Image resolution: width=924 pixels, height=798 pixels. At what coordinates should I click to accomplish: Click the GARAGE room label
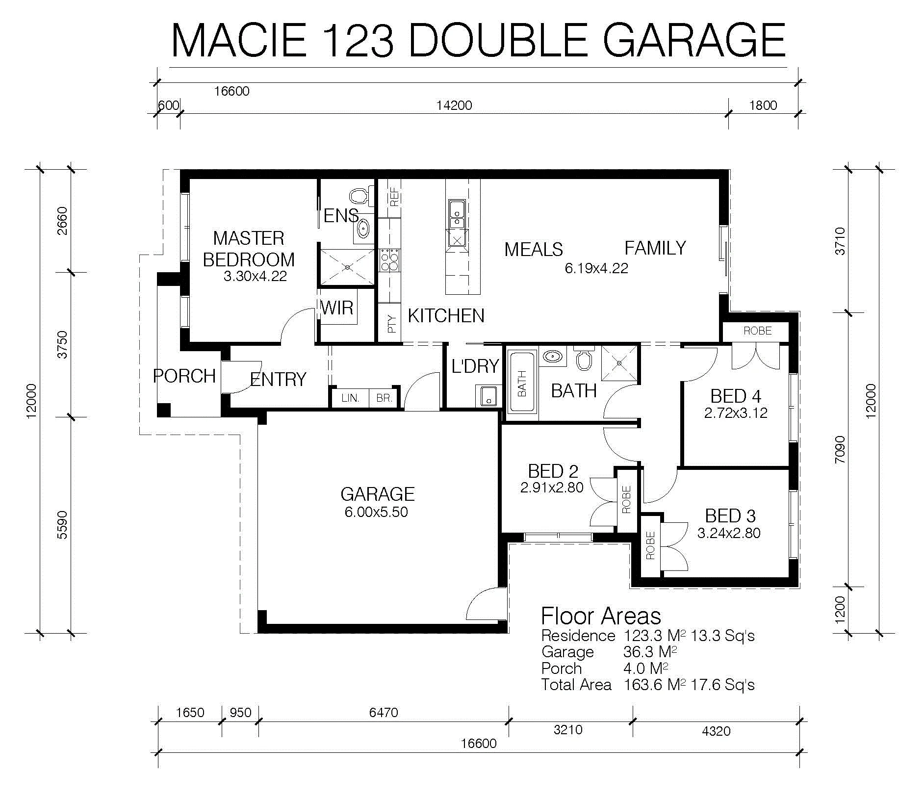378,494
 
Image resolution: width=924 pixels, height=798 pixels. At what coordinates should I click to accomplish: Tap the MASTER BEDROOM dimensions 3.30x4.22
255,276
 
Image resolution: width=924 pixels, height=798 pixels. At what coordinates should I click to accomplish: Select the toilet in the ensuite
359,196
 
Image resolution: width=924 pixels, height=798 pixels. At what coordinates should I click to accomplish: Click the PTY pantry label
391,324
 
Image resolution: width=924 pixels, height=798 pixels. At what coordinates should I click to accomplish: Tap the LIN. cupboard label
350,398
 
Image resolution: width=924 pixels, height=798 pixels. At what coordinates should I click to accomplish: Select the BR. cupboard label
385,398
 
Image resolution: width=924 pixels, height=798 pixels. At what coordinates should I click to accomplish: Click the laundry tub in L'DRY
488,395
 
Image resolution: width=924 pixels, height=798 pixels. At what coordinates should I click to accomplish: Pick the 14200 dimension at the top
454,105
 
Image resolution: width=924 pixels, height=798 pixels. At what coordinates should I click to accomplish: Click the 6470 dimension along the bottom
384,712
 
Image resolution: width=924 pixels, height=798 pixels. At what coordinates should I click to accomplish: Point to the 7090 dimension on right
840,449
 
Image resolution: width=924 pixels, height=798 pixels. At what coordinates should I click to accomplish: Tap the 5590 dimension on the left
62,525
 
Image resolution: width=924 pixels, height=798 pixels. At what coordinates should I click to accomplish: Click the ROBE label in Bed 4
758,331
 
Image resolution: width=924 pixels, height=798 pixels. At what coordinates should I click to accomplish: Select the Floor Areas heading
601,616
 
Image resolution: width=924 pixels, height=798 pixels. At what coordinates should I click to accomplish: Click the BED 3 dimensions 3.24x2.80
729,533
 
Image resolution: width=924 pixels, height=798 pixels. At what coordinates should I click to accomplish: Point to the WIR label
337,308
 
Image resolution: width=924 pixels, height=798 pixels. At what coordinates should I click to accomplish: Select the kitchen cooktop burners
390,260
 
